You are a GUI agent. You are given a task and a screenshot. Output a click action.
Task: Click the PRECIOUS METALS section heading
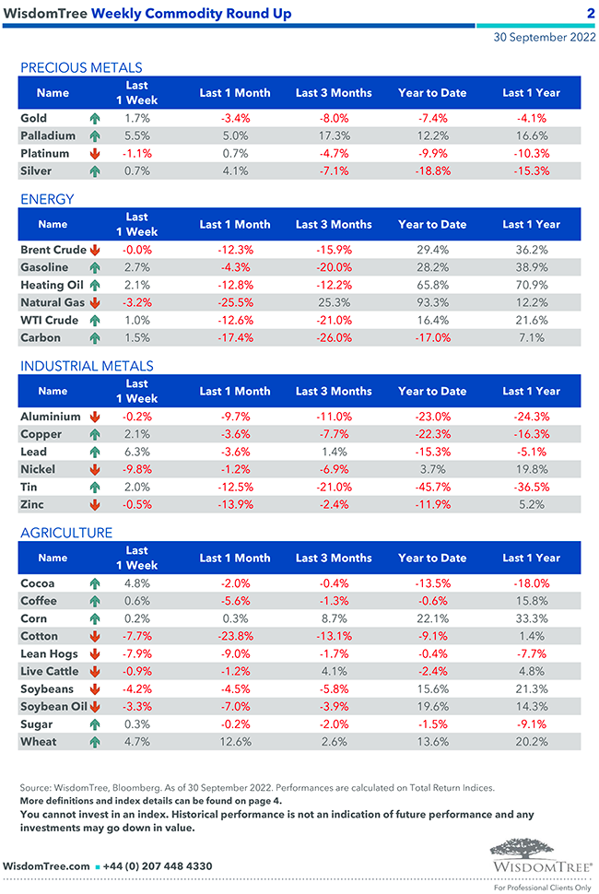tap(81, 67)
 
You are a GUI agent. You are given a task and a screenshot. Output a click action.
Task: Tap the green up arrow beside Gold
tap(94, 119)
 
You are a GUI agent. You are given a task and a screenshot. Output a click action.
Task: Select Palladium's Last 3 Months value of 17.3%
tap(334, 135)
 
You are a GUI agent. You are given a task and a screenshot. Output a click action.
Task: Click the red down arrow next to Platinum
tap(94, 154)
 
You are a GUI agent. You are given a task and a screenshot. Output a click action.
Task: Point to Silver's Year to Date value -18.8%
tap(432, 171)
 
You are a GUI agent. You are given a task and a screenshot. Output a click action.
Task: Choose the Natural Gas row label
tap(53, 302)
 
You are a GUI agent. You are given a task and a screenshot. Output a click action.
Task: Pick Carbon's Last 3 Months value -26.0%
tap(334, 337)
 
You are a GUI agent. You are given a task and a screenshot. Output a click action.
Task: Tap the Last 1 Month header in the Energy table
tap(235, 224)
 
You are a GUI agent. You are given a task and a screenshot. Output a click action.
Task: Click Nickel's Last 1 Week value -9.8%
tap(137, 469)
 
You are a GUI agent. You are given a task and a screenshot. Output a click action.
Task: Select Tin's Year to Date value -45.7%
tap(432, 487)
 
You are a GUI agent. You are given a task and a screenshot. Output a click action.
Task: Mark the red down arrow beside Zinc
tap(94, 505)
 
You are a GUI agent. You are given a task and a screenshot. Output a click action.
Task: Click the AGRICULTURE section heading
tap(66, 533)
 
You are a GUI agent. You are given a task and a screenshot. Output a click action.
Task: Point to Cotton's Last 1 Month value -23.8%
tap(235, 637)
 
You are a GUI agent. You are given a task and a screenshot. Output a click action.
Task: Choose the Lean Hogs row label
tap(48, 654)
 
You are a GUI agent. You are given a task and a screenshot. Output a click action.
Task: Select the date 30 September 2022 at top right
tap(544, 38)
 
